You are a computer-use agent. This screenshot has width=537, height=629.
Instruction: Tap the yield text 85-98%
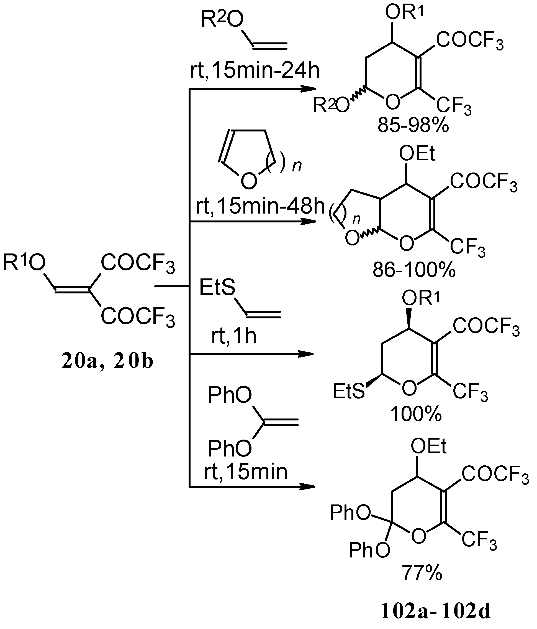(x=413, y=125)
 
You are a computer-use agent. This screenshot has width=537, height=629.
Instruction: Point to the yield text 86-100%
(x=414, y=270)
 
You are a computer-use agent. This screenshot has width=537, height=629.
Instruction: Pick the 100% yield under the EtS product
(x=416, y=414)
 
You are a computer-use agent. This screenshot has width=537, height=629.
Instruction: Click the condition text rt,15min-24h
(x=255, y=71)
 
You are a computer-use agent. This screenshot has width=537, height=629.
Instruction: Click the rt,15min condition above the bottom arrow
(x=246, y=472)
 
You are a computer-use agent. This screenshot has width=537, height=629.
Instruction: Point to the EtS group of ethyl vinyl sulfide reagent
(x=217, y=288)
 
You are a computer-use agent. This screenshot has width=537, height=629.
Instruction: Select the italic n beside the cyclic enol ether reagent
(x=297, y=166)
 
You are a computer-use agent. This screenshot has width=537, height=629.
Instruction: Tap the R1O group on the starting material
(x=24, y=262)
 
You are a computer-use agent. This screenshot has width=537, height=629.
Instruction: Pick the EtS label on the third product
(x=348, y=392)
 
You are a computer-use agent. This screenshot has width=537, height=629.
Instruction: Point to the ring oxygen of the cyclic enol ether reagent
(x=249, y=181)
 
